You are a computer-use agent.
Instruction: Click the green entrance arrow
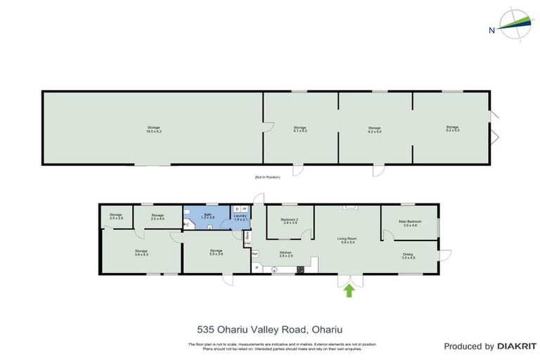[x=349, y=290]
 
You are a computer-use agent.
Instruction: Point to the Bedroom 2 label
[x=290, y=221]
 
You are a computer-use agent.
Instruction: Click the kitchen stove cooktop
[x=300, y=268]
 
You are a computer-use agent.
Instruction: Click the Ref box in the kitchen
[x=255, y=253]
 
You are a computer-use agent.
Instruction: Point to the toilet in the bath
[x=187, y=225]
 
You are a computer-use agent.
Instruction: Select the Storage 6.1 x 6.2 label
[x=300, y=129]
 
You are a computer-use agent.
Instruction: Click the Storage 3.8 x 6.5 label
[x=141, y=252]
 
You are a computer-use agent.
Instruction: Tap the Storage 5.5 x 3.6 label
[x=216, y=252]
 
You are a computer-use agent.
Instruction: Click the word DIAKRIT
[x=517, y=346]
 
